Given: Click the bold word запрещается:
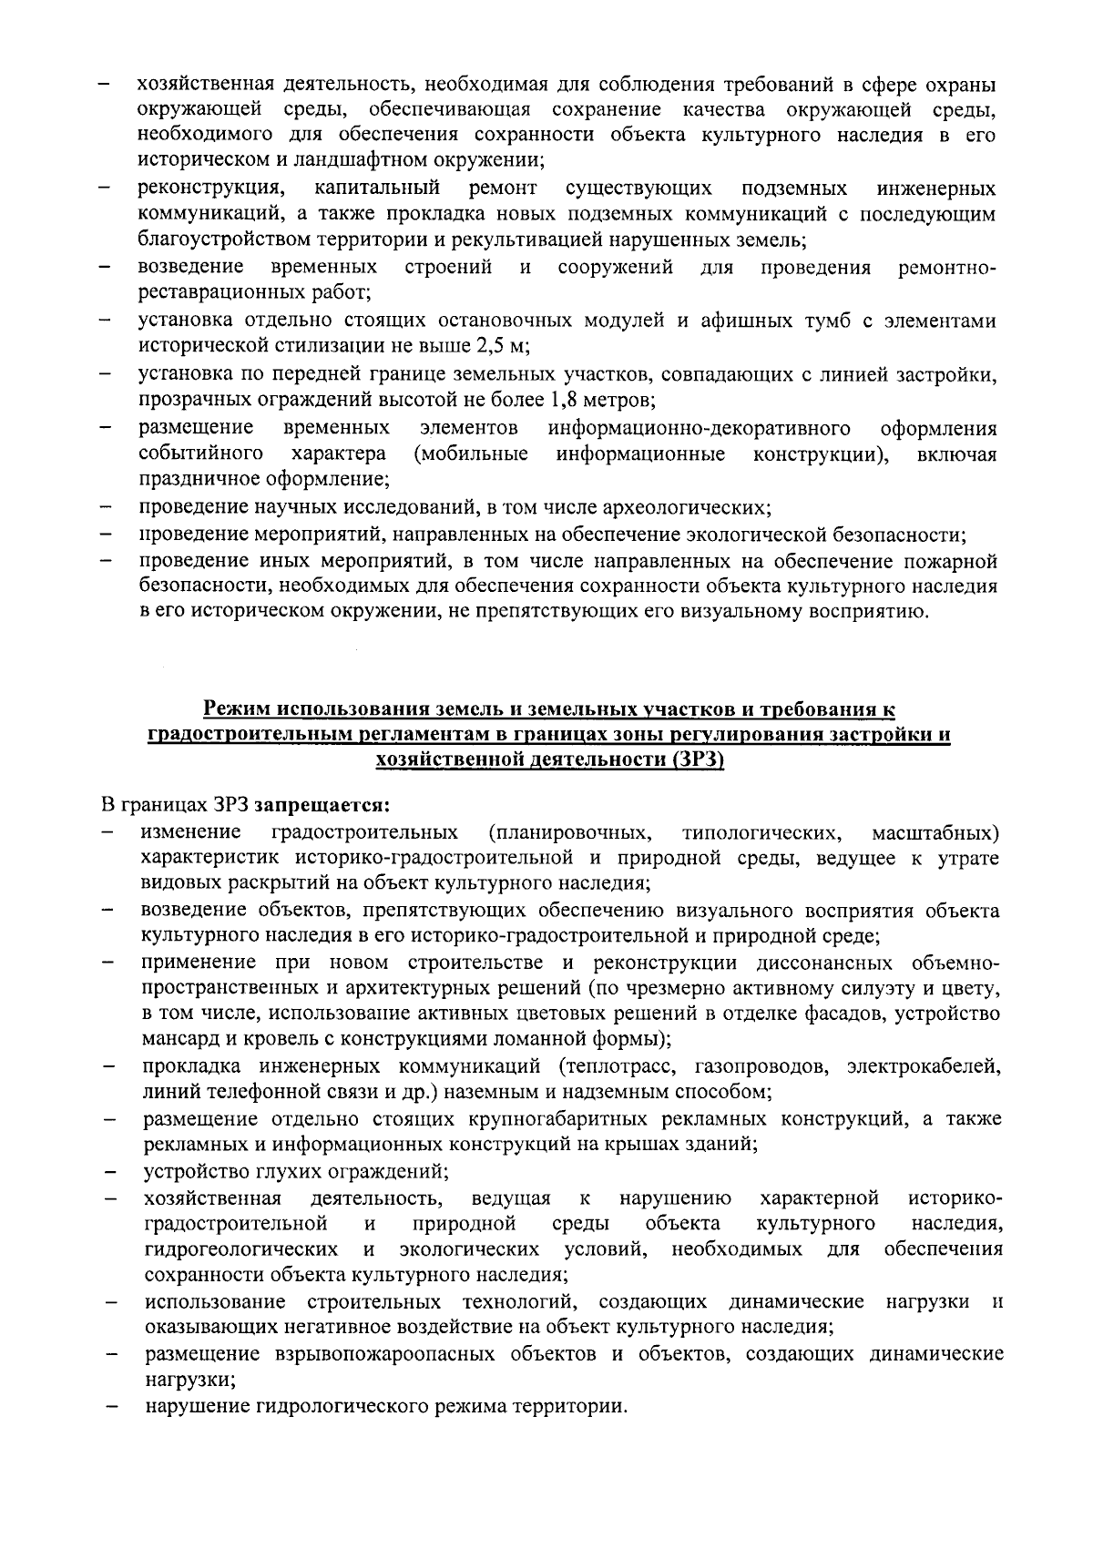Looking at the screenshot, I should click(322, 805).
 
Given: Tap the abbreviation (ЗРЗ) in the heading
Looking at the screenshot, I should click(697, 760).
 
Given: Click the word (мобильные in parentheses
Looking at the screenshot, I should click(470, 453).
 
